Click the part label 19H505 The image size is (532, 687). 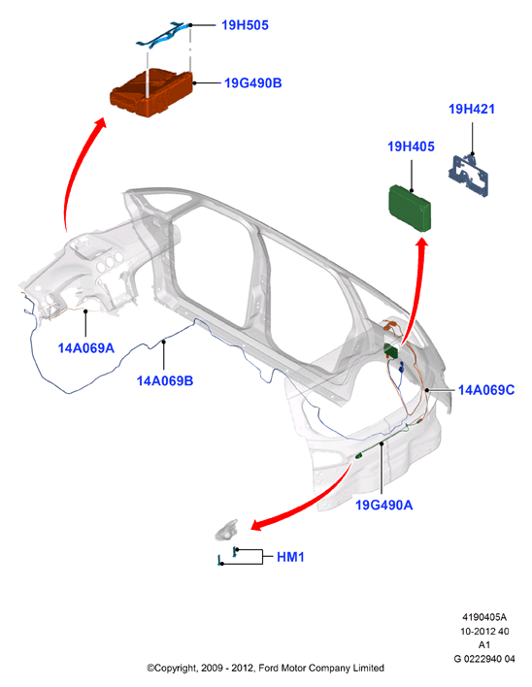coord(245,25)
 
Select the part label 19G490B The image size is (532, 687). coord(252,83)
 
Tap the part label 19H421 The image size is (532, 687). coord(472,109)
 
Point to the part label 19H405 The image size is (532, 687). coord(411,147)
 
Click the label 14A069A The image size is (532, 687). coord(85,348)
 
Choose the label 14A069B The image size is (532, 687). coord(165,380)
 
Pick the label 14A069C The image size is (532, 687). coord(486,390)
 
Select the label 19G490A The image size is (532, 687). coord(383,506)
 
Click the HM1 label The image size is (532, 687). coord(290,557)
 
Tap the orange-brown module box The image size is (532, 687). coord(151,93)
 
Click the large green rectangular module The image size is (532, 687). coord(411,208)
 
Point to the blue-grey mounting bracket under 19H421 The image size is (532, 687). coord(468,175)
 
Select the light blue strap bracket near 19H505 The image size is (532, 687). coord(163,34)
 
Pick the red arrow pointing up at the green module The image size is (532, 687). coord(415,289)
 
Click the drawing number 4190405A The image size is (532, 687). coord(484,617)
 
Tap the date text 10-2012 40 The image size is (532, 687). coord(484,632)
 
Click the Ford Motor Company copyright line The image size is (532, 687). coord(265,669)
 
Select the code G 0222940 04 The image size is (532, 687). coord(484,659)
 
